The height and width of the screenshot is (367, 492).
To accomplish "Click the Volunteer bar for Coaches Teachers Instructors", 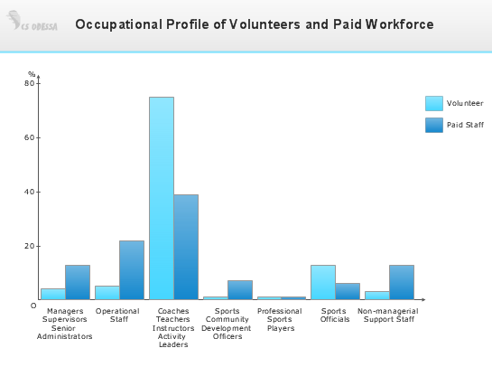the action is click(162, 198).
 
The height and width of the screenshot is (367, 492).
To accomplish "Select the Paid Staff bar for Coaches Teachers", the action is click(186, 247).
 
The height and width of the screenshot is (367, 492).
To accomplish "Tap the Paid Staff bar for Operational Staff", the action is click(132, 270).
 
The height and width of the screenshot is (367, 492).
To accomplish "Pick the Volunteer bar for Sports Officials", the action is click(323, 282).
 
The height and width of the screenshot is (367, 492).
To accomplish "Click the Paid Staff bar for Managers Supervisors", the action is click(78, 282).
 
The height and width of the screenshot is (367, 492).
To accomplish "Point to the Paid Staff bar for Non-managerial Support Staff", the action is click(402, 282).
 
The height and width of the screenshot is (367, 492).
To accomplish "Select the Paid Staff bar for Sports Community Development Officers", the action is click(240, 290).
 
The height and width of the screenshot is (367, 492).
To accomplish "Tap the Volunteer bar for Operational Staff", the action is click(107, 293).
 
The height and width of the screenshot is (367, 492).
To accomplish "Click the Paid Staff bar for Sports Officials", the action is click(348, 291).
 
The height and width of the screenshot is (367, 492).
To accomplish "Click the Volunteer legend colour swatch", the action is click(434, 103).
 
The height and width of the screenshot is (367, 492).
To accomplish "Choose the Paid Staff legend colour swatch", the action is click(434, 125).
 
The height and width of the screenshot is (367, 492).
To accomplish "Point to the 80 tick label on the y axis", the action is click(29, 83).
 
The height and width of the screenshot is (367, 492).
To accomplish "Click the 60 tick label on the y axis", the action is click(29, 137).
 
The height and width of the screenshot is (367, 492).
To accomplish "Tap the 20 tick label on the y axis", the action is click(29, 246).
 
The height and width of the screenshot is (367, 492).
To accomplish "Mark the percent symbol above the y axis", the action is click(32, 74).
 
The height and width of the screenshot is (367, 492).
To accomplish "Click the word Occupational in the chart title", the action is click(119, 24).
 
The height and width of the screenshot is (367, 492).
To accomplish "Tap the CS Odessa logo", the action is click(32, 21).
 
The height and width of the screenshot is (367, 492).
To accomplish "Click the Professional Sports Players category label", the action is click(280, 320).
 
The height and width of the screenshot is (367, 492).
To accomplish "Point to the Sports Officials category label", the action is click(335, 315).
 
